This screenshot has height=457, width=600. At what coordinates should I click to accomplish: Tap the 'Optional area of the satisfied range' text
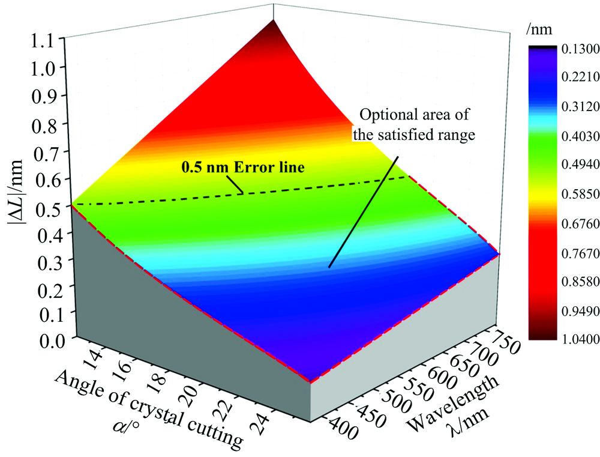click(413, 124)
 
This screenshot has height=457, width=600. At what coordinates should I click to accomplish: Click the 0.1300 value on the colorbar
click(564, 49)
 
